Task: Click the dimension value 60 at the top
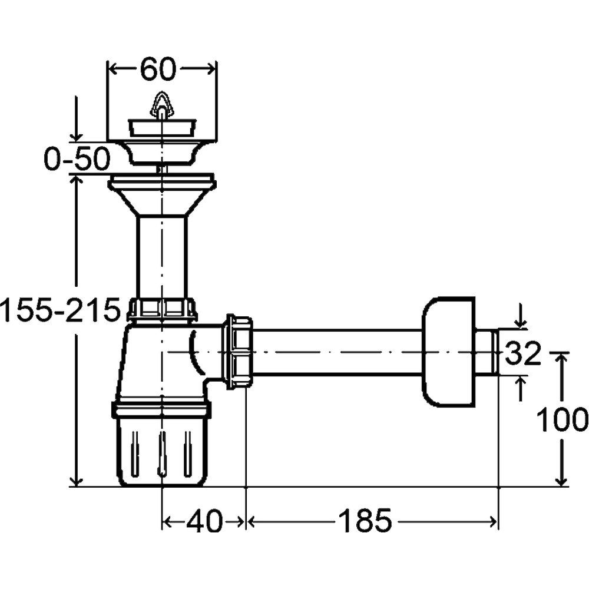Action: [x=158, y=69]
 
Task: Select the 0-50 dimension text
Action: [x=77, y=159]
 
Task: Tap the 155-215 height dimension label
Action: [x=60, y=310]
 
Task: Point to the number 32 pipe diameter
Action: [x=522, y=353]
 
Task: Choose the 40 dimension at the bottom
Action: [x=204, y=521]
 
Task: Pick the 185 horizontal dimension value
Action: [x=365, y=521]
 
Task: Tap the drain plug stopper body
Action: [x=162, y=128]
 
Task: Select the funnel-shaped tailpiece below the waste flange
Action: [x=162, y=195]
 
